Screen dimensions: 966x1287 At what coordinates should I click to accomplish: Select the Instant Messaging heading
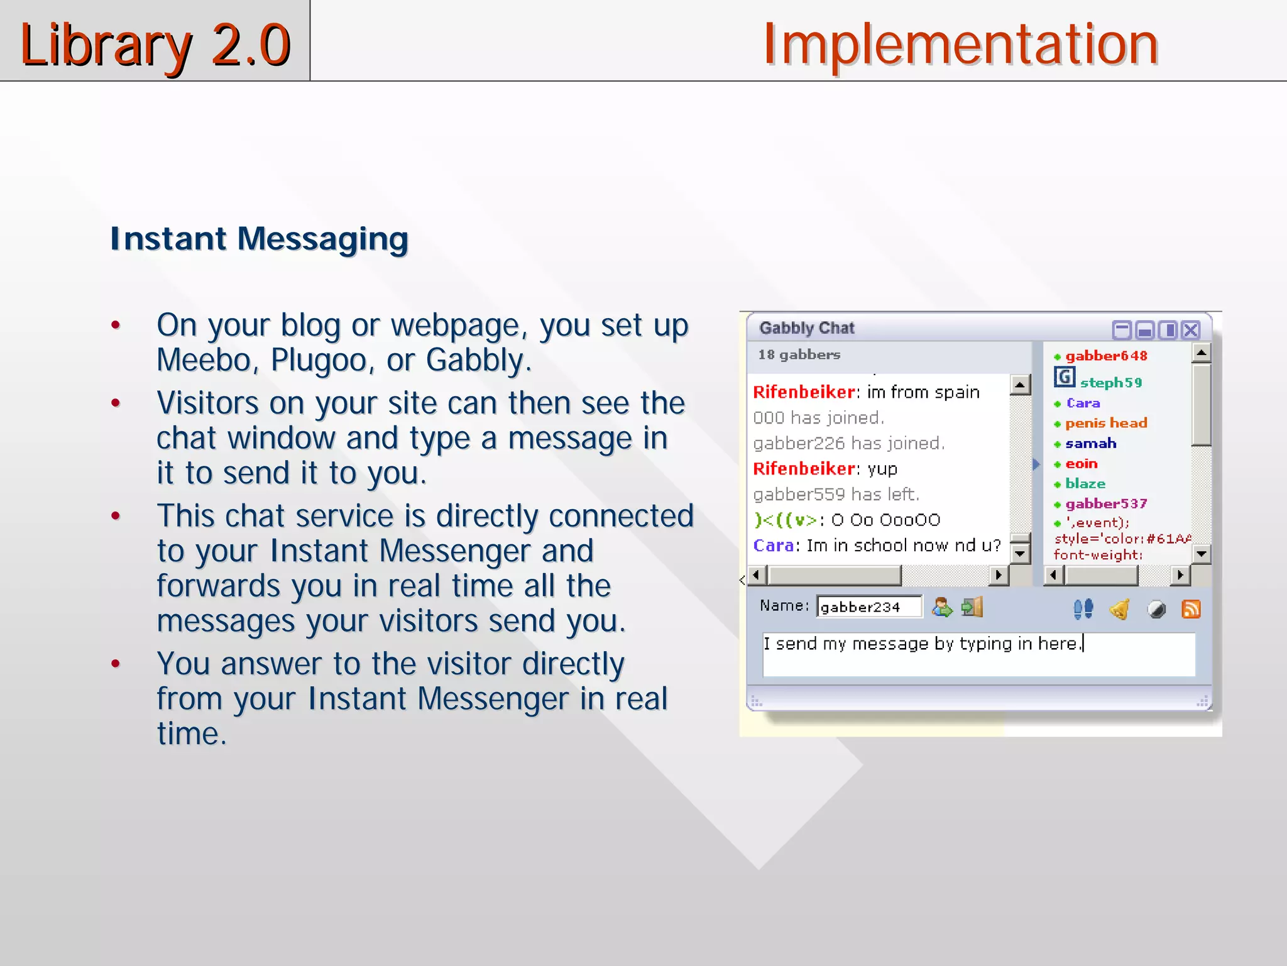259,239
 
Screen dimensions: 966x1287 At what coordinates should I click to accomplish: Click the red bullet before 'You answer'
116,664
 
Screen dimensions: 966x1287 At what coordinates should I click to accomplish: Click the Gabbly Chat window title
806,328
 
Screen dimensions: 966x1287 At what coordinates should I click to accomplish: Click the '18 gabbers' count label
799,354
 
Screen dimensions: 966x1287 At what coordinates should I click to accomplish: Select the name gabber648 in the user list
1105,356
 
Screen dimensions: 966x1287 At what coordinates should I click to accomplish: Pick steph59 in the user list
1110,383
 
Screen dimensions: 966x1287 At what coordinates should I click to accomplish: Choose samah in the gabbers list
1090,444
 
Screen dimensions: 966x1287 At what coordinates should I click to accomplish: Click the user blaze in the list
1085,484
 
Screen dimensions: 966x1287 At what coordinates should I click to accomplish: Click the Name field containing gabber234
868,607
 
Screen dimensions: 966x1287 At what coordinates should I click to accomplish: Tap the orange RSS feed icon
1191,609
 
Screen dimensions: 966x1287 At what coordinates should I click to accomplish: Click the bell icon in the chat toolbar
1120,609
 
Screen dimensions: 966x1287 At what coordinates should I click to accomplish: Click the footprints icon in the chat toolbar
1083,608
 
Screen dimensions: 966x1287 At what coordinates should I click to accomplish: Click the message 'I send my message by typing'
923,644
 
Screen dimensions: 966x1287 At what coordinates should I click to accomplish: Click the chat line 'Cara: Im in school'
876,546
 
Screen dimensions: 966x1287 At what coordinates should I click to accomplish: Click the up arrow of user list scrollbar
1201,353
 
